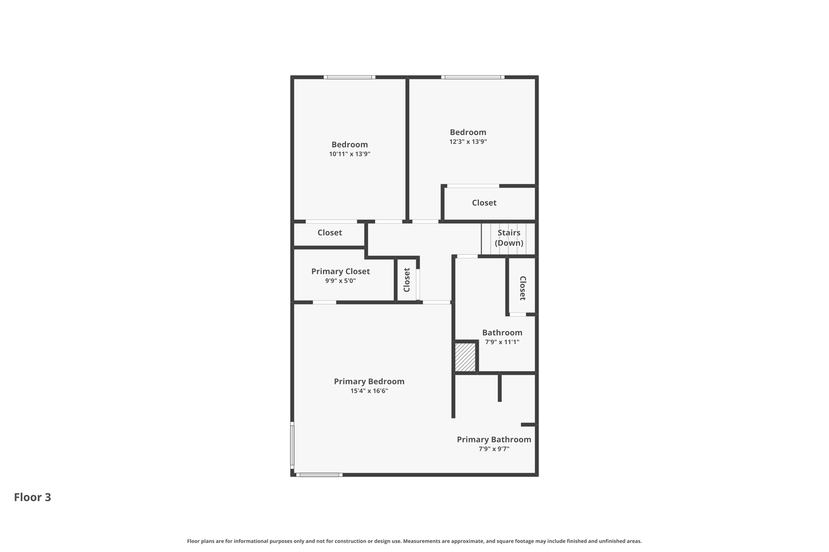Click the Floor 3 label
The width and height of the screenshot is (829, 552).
pos(32,497)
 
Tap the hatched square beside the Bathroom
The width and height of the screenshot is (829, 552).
pos(465,357)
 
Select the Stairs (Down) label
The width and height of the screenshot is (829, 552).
pos(509,238)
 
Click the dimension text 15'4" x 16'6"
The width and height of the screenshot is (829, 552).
pos(369,391)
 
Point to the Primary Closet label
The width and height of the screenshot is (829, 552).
pos(340,271)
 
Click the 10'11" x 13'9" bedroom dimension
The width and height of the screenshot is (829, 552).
pos(350,154)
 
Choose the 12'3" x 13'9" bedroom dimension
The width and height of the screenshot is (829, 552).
pos(468,142)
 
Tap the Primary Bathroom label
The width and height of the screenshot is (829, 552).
pos(494,440)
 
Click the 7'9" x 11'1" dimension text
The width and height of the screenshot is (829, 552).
pos(502,342)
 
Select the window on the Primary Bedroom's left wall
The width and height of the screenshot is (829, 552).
pos(292,445)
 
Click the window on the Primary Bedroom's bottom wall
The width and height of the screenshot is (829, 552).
pos(319,475)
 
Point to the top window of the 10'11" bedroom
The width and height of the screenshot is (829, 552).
pos(349,77)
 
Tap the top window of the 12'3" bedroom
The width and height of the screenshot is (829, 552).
pos(473,77)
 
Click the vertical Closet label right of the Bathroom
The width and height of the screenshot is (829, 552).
pos(523,288)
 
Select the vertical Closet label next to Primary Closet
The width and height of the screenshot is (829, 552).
pos(407,280)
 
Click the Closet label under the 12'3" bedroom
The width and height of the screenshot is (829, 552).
pos(484,203)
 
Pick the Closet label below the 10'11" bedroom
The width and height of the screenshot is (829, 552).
pos(329,233)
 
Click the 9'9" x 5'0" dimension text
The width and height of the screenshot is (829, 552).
pos(340,281)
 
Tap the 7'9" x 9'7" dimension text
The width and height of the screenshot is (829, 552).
pos(494,449)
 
